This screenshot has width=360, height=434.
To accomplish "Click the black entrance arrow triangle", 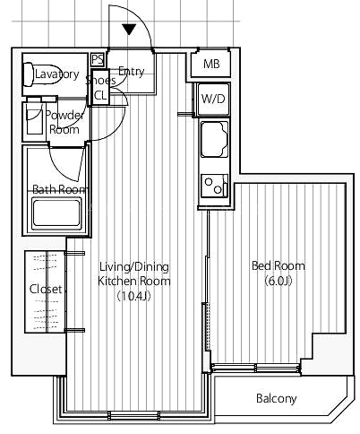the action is tap(129, 29).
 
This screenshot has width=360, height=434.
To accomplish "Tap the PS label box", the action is tap(98, 60).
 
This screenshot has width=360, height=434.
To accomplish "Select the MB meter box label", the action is tap(212, 64).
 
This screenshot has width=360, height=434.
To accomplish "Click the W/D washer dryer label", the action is tap(213, 98).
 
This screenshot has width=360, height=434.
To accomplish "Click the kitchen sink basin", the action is tap(214, 139).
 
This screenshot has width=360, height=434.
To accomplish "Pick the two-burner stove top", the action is tap(214, 185).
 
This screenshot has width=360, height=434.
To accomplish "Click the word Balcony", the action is tap(276, 399).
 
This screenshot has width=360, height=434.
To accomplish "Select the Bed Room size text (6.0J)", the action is tap(278, 281).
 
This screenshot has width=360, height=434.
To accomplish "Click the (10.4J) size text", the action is tap(134, 296).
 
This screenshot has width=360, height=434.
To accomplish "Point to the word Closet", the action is tap(46, 289).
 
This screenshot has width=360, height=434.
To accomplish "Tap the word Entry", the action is tap(131, 72).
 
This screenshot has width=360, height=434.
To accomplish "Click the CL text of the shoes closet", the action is tap(100, 96).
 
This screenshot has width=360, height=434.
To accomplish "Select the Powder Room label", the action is tap(65, 123).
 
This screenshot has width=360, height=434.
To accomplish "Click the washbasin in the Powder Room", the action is tap(34, 118).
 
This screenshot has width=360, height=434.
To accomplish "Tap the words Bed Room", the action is tap(278, 266).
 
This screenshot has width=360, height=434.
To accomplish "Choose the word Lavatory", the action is tap(57, 74).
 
